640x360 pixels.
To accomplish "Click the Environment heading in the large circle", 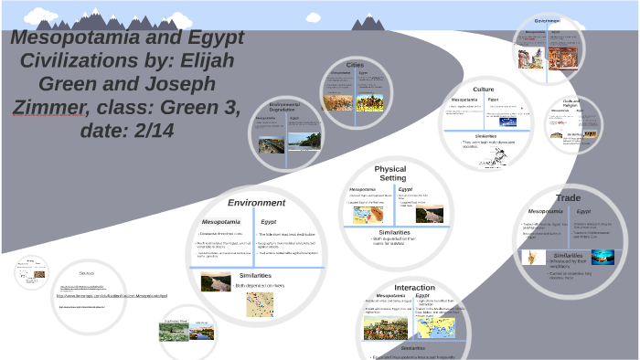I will pyautogui.click(x=256, y=202).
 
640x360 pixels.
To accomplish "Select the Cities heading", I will pyautogui.click(x=356, y=66).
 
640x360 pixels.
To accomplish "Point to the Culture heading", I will pyautogui.click(x=484, y=90).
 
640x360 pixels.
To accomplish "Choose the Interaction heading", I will pyautogui.click(x=414, y=287).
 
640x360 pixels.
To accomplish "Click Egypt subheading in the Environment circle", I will pyautogui.click(x=269, y=221).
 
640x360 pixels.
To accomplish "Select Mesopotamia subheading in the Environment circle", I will pyautogui.click(x=221, y=221).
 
